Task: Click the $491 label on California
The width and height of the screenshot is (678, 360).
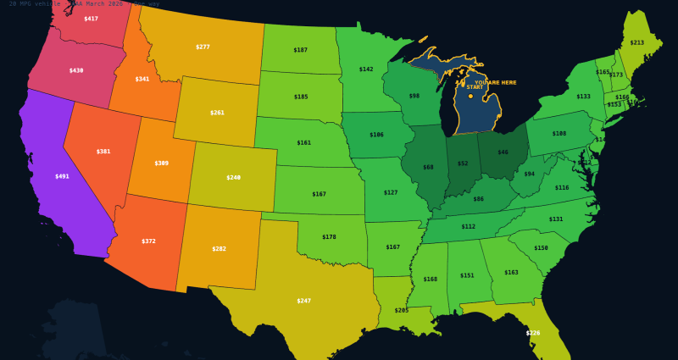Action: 62,176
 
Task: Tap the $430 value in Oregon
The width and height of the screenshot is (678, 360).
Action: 76,70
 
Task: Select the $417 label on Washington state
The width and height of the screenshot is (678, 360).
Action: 91,19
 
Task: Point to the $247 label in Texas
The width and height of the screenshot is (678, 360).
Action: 304,301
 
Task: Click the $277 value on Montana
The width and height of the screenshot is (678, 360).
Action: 203,47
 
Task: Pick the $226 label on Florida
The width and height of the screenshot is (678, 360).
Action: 533,333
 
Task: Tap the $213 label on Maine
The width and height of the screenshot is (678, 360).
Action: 636,42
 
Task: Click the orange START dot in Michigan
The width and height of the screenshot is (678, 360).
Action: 470,96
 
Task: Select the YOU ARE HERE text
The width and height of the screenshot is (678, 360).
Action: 495,82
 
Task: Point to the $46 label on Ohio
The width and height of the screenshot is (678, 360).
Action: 503,152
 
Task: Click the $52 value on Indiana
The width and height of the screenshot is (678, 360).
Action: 463,163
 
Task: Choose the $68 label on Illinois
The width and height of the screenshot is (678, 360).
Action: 428,167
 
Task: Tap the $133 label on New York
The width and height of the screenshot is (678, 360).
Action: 583,96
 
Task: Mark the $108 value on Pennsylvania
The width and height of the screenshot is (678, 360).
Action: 559,133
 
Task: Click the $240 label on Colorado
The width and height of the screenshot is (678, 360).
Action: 233,177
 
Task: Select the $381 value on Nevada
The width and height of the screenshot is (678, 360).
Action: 103,151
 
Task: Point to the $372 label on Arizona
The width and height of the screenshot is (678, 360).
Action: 148,241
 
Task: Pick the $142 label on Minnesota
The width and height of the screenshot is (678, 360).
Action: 366,69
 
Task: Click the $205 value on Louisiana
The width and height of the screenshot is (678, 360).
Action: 402,310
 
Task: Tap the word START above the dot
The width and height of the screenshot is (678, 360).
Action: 475,87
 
